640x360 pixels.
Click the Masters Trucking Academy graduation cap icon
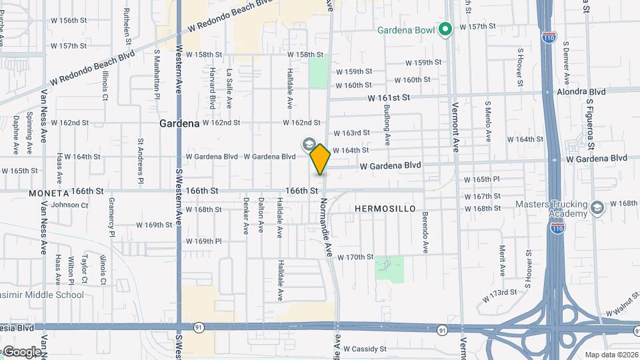pos(597,208)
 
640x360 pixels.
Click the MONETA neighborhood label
pos(49,193)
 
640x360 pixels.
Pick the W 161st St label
pos(388,98)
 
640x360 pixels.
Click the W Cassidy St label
pos(364,349)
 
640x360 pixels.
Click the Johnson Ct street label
pos(69,205)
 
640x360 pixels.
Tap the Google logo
pos(21,352)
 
